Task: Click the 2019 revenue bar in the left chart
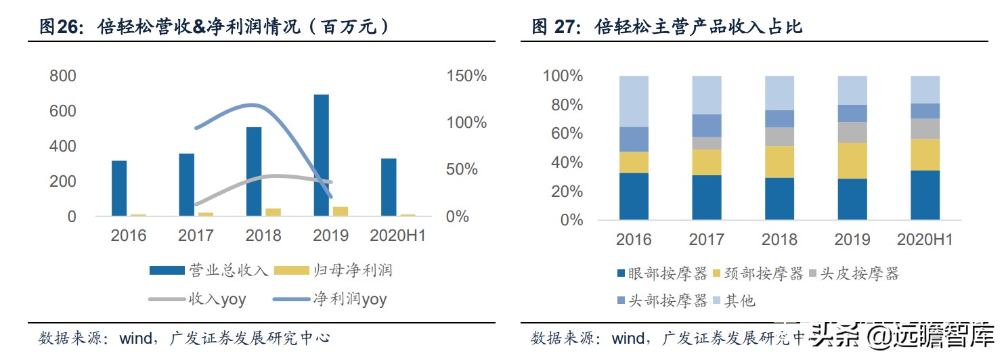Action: pos(321,155)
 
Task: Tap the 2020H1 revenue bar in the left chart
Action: pos(389,187)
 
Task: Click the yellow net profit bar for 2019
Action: pos(341,211)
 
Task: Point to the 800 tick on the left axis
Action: pos(63,76)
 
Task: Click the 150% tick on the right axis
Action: pos(466,76)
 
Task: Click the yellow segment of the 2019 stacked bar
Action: pos(852,160)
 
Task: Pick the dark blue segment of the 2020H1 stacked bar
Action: pos(925,195)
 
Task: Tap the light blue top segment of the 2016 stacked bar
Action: pos(634,101)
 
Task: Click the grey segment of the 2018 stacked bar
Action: pos(779,137)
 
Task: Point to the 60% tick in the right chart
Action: pos(563,133)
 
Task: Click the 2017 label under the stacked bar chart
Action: pos(706,239)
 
